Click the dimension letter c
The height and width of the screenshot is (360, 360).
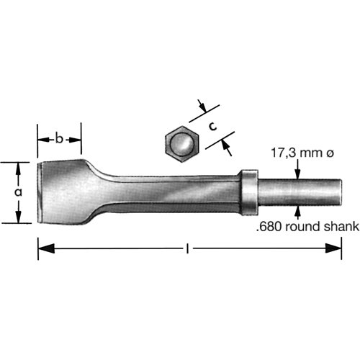213,125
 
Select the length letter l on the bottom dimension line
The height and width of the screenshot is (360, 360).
187,249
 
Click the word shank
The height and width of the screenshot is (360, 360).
343,228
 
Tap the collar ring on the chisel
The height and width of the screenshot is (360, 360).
246,192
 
